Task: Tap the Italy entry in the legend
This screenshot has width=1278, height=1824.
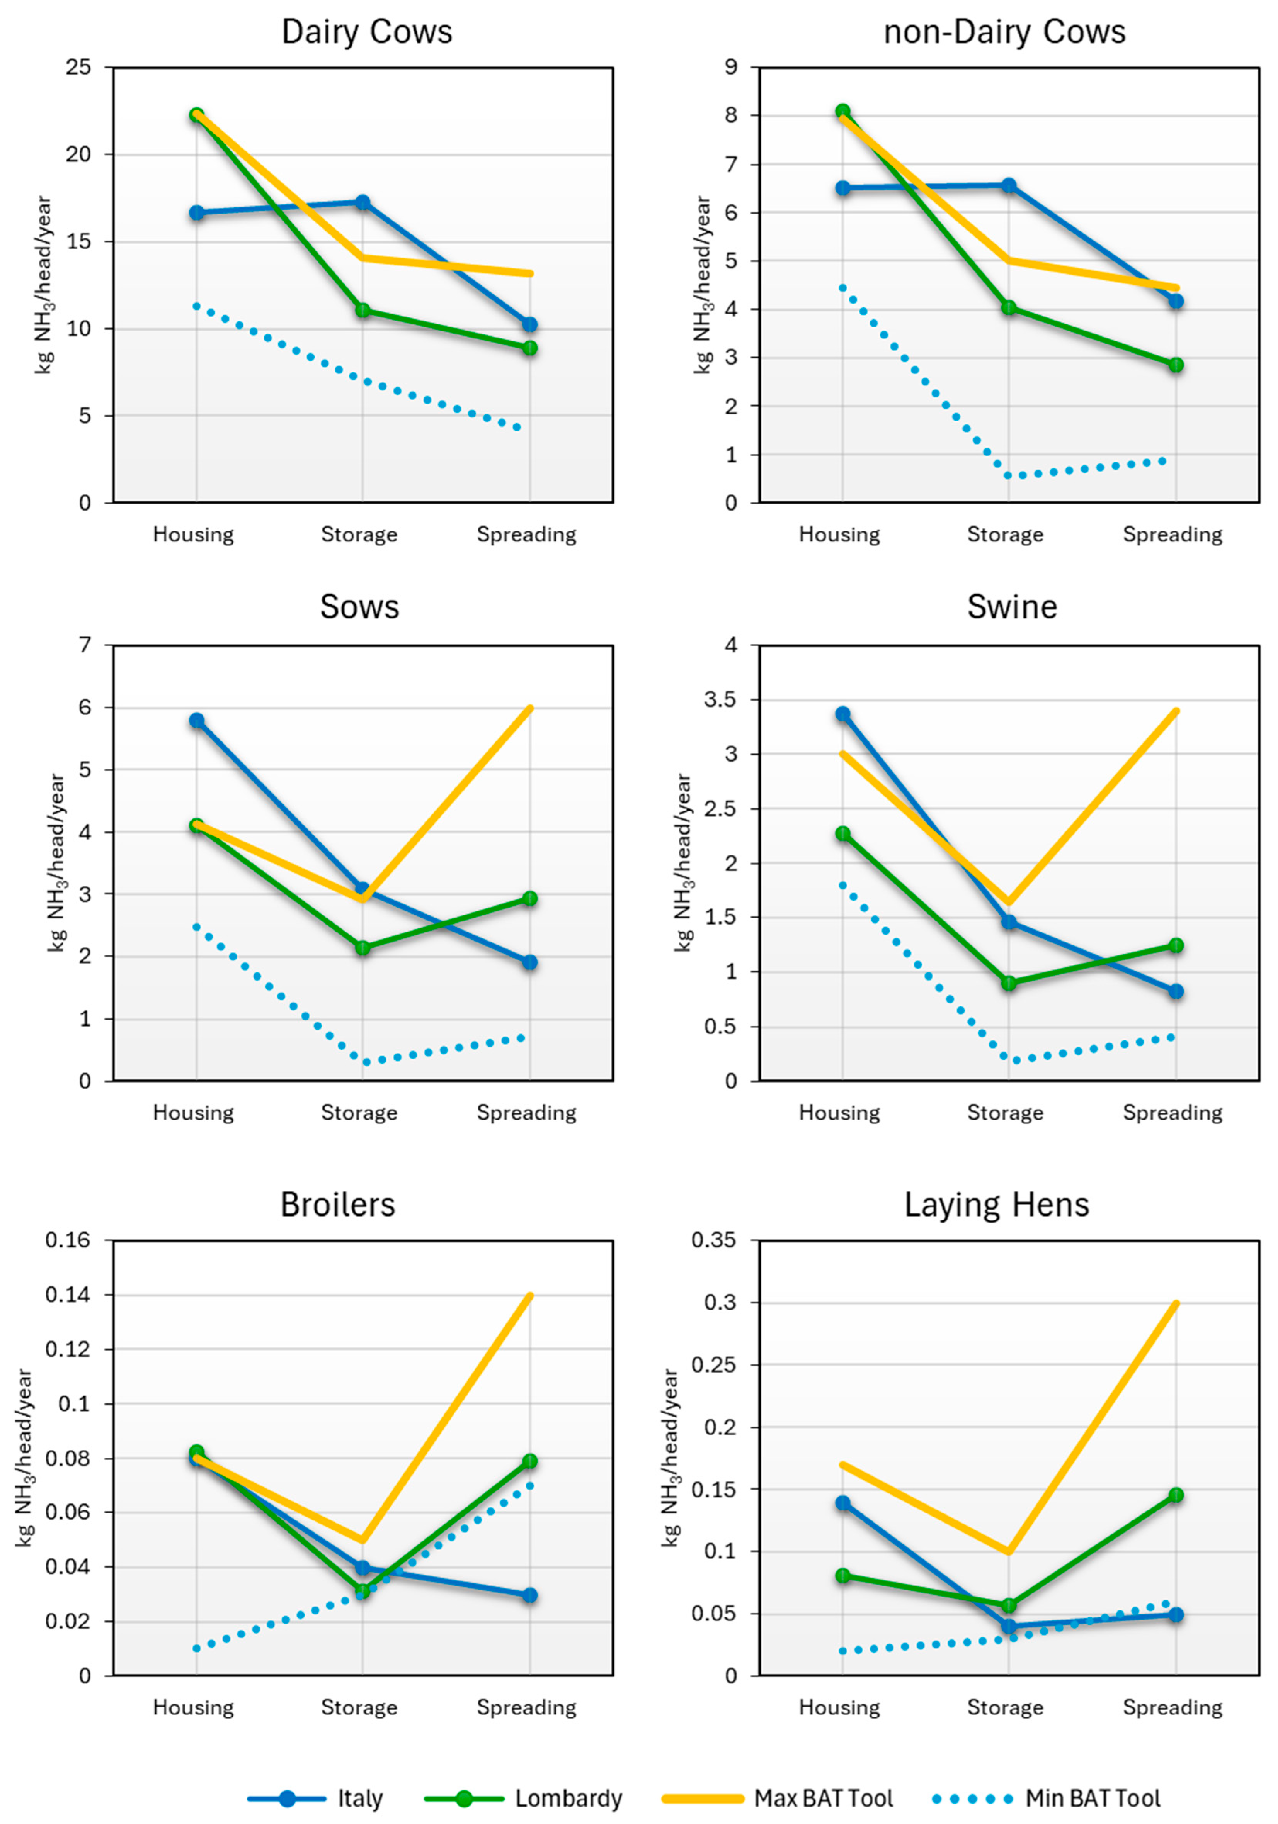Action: (x=359, y=1798)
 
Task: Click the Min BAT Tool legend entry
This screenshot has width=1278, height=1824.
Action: (x=1092, y=1798)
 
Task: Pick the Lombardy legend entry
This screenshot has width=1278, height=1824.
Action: (x=567, y=1798)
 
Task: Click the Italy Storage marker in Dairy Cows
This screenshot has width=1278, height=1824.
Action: (x=362, y=203)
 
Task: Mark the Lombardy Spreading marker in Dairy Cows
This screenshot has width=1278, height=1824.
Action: (x=529, y=348)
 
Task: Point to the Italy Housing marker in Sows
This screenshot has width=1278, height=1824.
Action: (x=196, y=721)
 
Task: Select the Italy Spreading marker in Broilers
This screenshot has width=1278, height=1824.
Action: (x=529, y=1595)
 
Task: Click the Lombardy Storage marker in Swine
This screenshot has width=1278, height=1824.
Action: (x=1009, y=983)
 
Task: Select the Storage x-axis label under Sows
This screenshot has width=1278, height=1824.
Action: (x=359, y=1112)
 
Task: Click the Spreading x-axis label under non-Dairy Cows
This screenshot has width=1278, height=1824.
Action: (x=1172, y=534)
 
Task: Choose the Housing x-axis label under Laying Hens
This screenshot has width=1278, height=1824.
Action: (x=839, y=1707)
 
